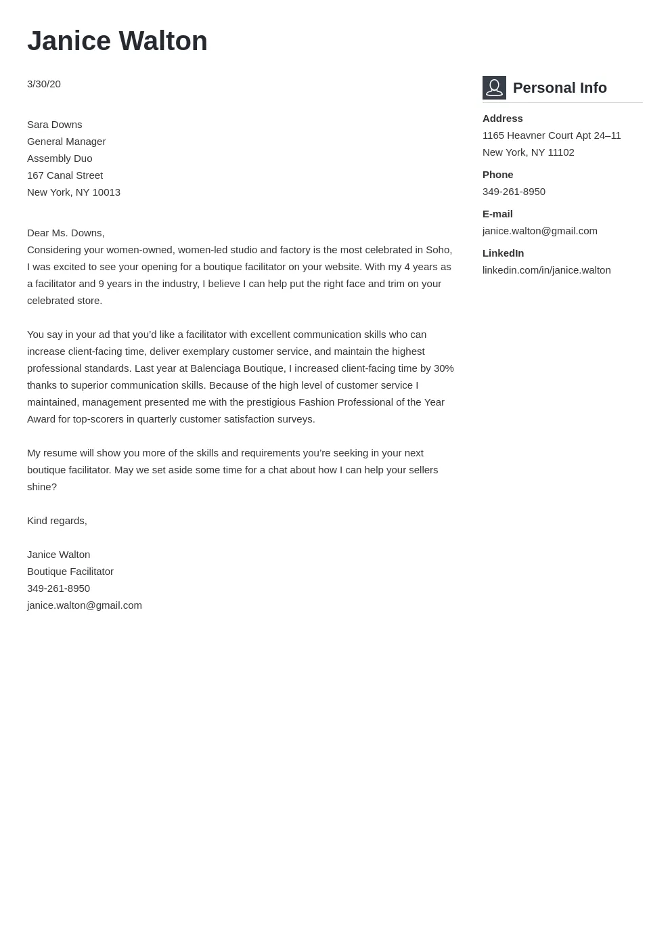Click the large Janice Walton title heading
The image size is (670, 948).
[x=117, y=41]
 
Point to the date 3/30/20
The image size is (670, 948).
[x=44, y=84]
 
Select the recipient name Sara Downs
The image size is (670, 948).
[x=54, y=125]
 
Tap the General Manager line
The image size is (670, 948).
[x=66, y=142]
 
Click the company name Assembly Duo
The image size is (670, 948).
[x=60, y=158]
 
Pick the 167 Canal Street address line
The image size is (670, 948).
[x=65, y=175]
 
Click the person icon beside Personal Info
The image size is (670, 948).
[x=494, y=88]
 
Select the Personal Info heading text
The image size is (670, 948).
[x=560, y=88]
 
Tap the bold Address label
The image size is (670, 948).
[x=502, y=118]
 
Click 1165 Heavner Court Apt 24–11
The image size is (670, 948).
[x=552, y=135]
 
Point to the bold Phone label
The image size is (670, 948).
[x=497, y=175]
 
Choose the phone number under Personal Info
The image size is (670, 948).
[x=514, y=192]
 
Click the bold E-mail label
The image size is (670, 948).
[x=497, y=214]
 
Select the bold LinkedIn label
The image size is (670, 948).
[x=503, y=253]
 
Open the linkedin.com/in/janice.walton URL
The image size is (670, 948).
[x=546, y=270]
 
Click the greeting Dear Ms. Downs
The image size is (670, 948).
[x=66, y=233]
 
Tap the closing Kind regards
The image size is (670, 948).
[x=57, y=521]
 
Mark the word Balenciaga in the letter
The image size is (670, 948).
[x=215, y=368]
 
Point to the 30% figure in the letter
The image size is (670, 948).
[x=443, y=368]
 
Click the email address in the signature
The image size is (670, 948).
[x=85, y=605]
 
